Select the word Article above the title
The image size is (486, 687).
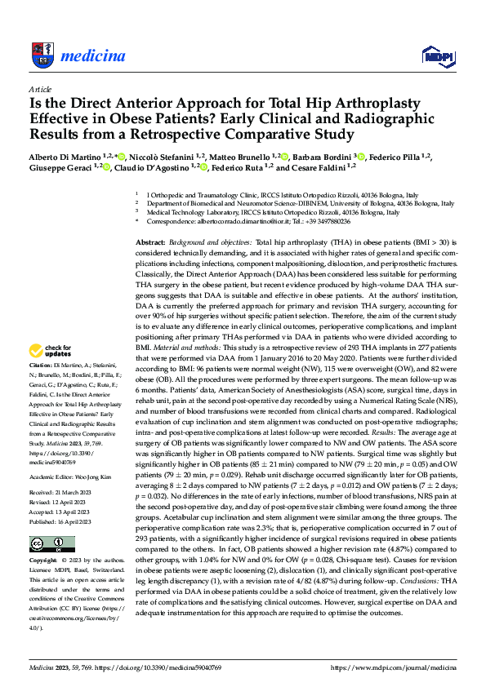(39, 88)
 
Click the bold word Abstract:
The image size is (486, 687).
(150, 243)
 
